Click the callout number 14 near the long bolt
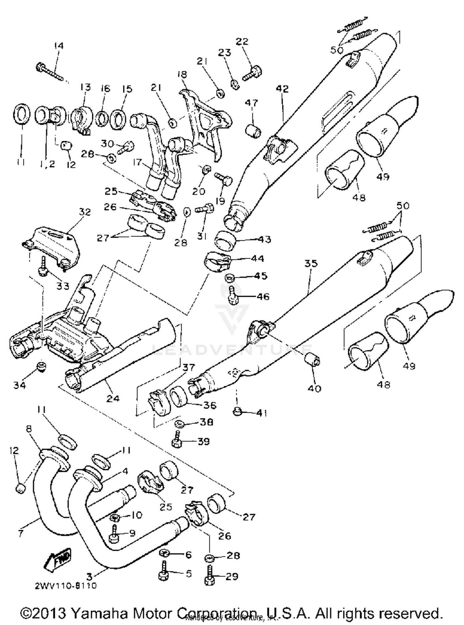tap(58, 46)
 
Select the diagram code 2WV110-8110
tap(65, 585)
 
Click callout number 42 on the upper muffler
tap(282, 89)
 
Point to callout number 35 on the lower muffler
tap(311, 263)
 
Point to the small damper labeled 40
tap(312, 360)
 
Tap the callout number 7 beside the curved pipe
tap(20, 533)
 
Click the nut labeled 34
tap(41, 367)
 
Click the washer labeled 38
tap(178, 423)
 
